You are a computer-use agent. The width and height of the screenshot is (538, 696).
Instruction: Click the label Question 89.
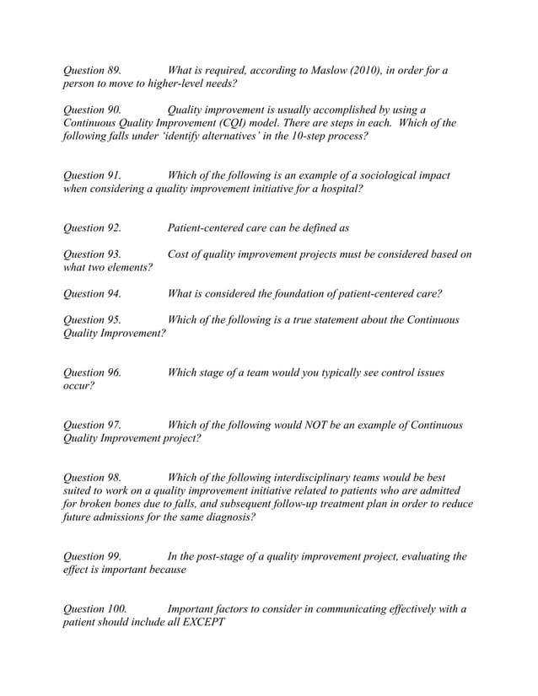[92, 70]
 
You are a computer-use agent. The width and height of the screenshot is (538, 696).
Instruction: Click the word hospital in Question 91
[336, 189]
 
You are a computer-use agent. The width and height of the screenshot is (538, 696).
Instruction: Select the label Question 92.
[92, 228]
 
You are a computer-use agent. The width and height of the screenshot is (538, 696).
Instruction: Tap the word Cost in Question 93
[181, 254]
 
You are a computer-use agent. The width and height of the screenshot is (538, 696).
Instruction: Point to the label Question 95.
[92, 319]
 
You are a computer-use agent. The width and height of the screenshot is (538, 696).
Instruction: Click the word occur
[78, 386]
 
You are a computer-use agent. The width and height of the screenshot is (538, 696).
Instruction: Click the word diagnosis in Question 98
[225, 517]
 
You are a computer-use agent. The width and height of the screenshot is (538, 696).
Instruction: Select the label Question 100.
[95, 608]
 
